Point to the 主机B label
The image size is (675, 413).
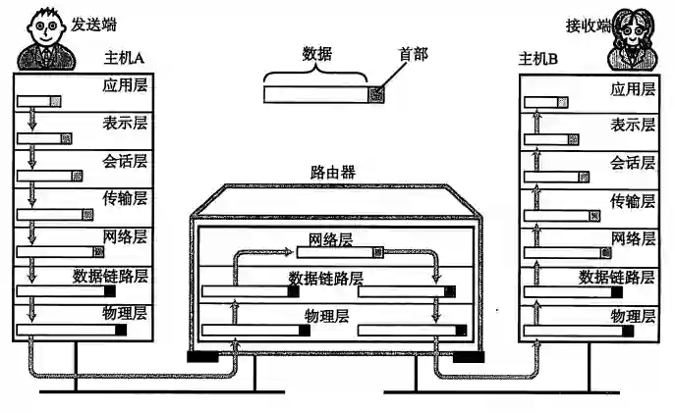click(x=537, y=61)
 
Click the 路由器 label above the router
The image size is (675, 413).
click(x=332, y=172)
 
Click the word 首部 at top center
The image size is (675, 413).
click(x=413, y=53)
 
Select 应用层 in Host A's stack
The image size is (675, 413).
click(x=125, y=87)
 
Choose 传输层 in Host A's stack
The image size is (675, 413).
click(x=125, y=199)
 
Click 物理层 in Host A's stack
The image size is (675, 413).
click(x=125, y=314)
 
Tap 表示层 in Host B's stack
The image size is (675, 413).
click(x=632, y=125)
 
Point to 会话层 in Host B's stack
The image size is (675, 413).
click(x=632, y=162)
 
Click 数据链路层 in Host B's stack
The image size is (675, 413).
click(x=616, y=277)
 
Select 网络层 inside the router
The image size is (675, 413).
click(x=330, y=239)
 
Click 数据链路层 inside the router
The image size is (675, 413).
click(x=325, y=278)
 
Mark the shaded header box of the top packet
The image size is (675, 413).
click(x=376, y=94)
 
